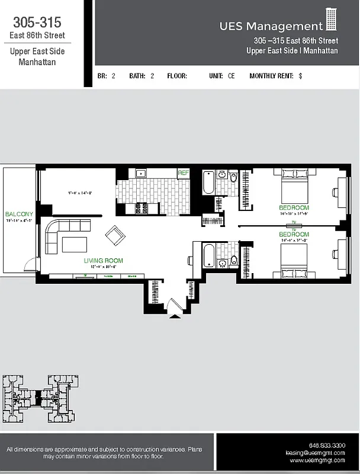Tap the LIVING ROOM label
[103, 260]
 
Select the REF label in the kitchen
[184, 173]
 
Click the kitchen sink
[141, 174]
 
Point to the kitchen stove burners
[142, 207]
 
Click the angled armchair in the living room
[115, 236]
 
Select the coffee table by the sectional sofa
[75, 244]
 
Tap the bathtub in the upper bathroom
[208, 182]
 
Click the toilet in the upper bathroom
[233, 178]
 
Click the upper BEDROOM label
[294, 208]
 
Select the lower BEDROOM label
[294, 234]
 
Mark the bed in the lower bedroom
[294, 261]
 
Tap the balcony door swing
[26, 267]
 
